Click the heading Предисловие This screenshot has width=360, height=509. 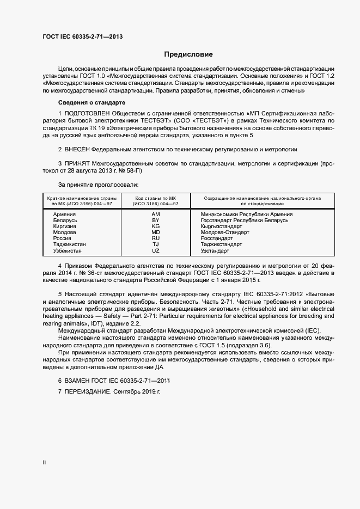(188, 54)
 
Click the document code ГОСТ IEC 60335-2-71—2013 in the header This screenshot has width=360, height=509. (82, 36)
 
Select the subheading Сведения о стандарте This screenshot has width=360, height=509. (91, 102)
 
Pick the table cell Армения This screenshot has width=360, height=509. (64, 214)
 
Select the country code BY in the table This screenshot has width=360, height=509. (155, 220)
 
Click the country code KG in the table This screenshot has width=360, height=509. (155, 226)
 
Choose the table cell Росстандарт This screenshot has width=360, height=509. (217, 238)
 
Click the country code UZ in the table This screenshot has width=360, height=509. (155, 251)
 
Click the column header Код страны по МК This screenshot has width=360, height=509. (156, 200)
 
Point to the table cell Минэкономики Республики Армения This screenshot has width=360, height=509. (246, 214)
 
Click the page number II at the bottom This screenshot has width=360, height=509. (44, 463)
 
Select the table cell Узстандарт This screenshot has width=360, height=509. (215, 251)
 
